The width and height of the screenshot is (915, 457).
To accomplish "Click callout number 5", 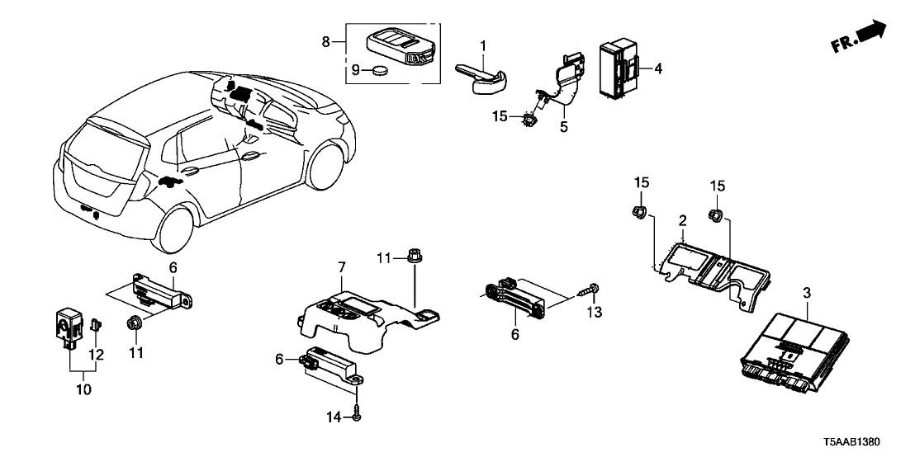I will (564, 128).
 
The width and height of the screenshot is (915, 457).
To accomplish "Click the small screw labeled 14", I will (356, 416).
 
